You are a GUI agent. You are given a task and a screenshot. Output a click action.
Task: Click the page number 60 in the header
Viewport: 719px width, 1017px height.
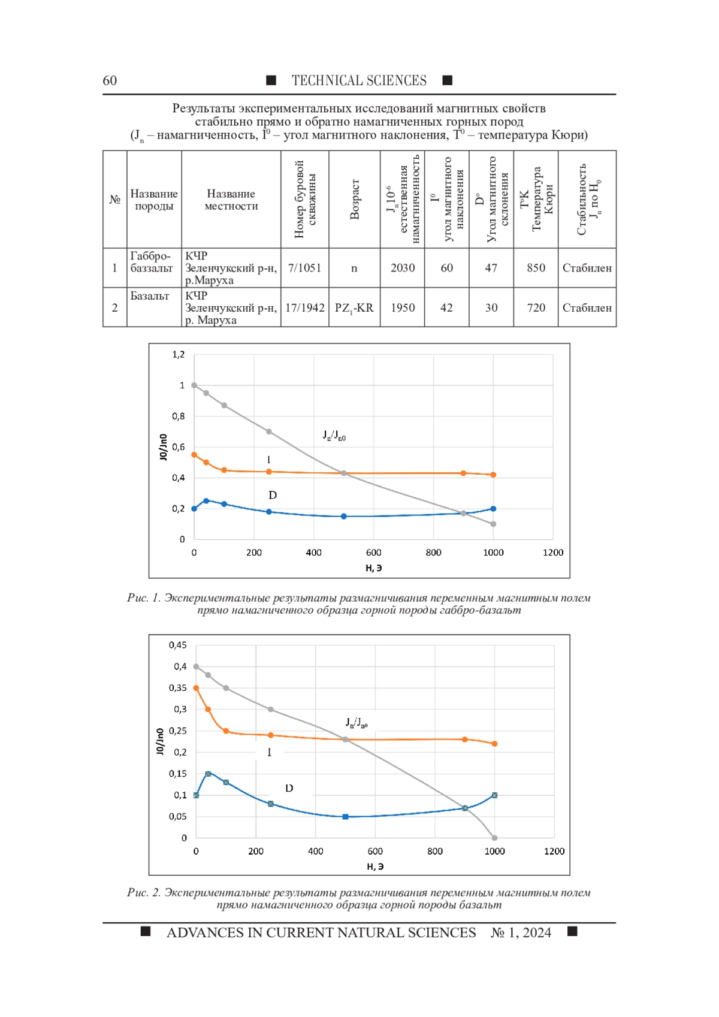[x=110, y=80]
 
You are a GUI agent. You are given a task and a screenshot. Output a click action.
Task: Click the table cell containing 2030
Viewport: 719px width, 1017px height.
[x=403, y=268]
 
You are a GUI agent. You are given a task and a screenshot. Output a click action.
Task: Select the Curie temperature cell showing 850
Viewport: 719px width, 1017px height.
[x=536, y=268]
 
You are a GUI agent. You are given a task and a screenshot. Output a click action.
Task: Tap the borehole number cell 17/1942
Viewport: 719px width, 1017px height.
[x=304, y=307]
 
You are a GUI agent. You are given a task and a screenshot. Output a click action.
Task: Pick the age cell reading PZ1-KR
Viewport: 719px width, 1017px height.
[x=354, y=307]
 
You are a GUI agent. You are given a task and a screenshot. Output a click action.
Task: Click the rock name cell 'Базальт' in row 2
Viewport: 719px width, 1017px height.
[x=154, y=307]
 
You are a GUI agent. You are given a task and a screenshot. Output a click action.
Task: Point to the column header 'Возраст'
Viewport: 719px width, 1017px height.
[x=355, y=200]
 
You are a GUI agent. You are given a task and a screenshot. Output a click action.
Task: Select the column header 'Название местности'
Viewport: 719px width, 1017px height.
[x=231, y=200]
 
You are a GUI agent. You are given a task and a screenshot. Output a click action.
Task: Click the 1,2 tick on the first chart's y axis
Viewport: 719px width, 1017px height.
[x=179, y=355]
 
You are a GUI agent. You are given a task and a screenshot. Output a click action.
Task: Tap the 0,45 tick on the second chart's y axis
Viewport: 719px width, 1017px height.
[x=177, y=645]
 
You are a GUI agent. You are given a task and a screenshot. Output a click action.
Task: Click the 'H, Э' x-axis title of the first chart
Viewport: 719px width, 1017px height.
[x=373, y=568]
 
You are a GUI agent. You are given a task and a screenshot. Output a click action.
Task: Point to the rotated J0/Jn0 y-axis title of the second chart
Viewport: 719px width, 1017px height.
[x=160, y=741]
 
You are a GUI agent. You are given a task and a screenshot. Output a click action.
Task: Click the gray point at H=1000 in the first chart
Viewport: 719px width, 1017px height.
[x=493, y=524]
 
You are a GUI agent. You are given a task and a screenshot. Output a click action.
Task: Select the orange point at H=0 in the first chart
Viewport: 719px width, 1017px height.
[x=194, y=454]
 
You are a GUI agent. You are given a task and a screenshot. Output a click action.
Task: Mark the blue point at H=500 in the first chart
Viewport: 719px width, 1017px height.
[x=344, y=516]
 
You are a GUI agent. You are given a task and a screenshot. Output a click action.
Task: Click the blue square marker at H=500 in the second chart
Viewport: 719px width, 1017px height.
[x=346, y=817]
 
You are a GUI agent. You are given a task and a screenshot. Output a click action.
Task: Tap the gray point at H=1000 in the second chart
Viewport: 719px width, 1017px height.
[x=495, y=838]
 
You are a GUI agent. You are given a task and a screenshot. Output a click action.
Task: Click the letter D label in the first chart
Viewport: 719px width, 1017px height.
[x=273, y=495]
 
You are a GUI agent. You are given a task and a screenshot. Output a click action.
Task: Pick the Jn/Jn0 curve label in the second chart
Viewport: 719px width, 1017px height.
[x=357, y=722]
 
